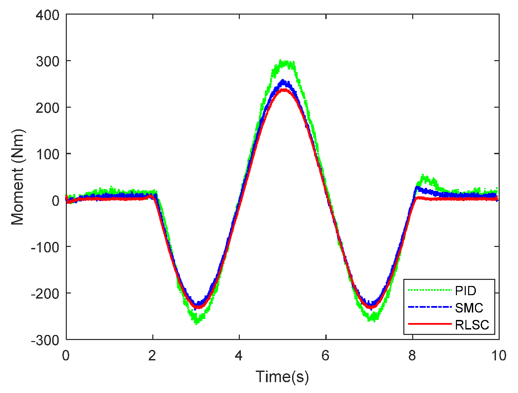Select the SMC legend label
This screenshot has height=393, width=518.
pyautogui.click(x=469, y=308)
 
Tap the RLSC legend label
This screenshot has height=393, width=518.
pyautogui.click(x=472, y=325)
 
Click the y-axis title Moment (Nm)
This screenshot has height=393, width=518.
pyautogui.click(x=18, y=177)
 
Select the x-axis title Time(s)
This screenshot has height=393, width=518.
pyautogui.click(x=282, y=377)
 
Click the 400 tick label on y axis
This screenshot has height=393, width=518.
pyautogui.click(x=47, y=15)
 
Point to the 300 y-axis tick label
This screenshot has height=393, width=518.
pyautogui.click(x=47, y=61)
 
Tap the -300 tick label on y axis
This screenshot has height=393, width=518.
pyautogui.click(x=45, y=340)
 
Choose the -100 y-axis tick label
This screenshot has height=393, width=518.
pyautogui.click(x=45, y=247)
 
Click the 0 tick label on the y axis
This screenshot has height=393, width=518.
pyautogui.click(x=55, y=201)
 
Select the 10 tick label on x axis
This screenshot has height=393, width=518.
pyautogui.click(x=498, y=356)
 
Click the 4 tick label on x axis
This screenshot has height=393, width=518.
pyautogui.click(x=239, y=356)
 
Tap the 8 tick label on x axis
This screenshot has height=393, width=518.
pyautogui.click(x=412, y=356)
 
